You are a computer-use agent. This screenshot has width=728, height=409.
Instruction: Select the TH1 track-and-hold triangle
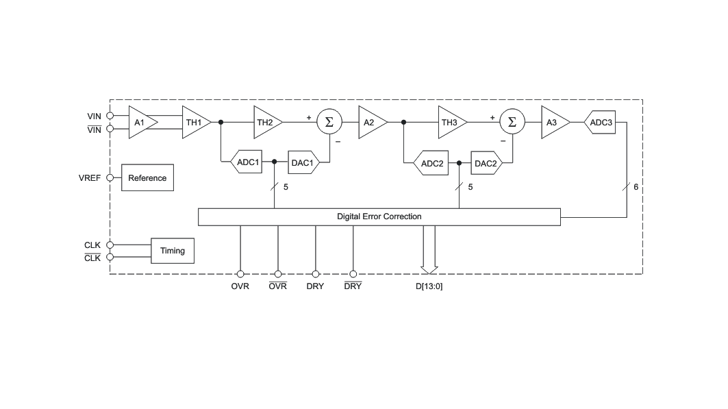pyautogui.click(x=195, y=123)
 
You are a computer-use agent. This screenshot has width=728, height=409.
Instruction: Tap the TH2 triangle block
pyautogui.click(x=267, y=123)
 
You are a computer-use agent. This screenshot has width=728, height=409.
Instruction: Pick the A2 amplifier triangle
pyautogui.click(x=372, y=123)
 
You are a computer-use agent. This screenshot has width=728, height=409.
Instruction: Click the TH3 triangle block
pyautogui.click(x=452, y=123)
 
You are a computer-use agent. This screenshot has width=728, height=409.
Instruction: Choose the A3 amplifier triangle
pyautogui.click(x=555, y=123)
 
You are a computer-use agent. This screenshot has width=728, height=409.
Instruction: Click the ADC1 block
pyautogui.click(x=247, y=162)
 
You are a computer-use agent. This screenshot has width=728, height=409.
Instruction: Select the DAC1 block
pyautogui.click(x=303, y=162)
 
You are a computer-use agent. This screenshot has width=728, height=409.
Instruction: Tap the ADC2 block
pyautogui.click(x=431, y=163)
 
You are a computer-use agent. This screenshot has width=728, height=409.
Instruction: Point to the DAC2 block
pyautogui.click(x=486, y=163)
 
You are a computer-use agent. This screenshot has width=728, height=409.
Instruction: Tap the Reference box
pyautogui.click(x=148, y=177)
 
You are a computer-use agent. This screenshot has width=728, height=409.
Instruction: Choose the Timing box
pyautogui.click(x=173, y=251)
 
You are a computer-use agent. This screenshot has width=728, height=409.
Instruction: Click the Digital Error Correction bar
pyautogui.click(x=379, y=216)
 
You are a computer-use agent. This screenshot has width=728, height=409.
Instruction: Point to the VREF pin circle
pyautogui.click(x=110, y=178)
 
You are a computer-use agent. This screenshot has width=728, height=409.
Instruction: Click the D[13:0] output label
pyautogui.click(x=429, y=286)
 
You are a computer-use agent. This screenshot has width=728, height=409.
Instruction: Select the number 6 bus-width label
pyautogui.click(x=636, y=186)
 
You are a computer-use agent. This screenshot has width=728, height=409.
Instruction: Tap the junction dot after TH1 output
pyautogui.click(x=221, y=122)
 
